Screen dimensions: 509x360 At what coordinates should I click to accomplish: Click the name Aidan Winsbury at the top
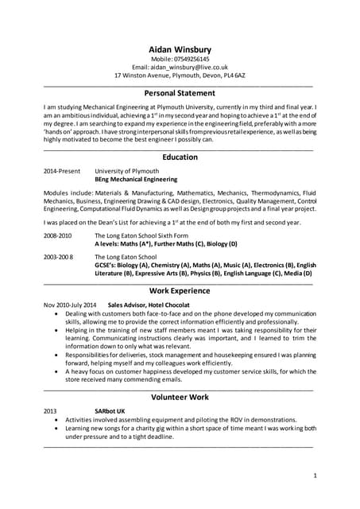[180, 49]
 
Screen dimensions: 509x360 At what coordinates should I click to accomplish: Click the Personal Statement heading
[180, 93]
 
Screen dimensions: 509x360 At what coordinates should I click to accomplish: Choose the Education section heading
[180, 157]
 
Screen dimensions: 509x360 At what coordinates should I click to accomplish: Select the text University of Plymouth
[126, 171]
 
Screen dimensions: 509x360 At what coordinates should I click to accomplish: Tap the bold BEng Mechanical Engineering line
[136, 180]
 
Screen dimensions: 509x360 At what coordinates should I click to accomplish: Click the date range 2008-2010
[57, 236]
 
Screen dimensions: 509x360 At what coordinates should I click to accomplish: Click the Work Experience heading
[180, 291]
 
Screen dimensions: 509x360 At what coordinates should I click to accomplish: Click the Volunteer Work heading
[180, 396]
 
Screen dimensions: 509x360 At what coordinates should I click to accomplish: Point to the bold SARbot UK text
[110, 410]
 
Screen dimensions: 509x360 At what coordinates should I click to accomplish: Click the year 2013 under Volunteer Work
[50, 410]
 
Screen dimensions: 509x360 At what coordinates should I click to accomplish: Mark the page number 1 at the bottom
[315, 476]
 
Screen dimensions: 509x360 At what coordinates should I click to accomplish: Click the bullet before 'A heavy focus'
[55, 371]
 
